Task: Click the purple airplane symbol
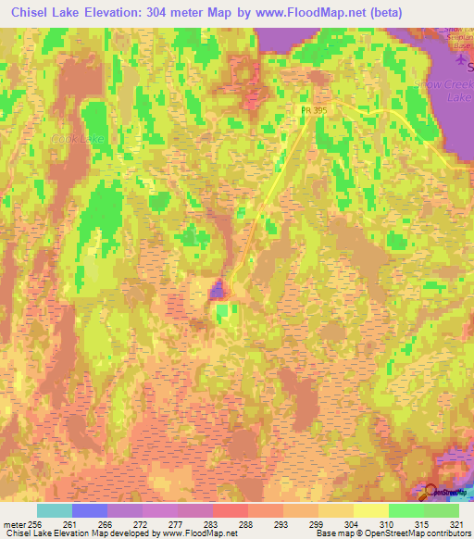pyautogui.click(x=462, y=59)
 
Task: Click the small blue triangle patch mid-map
pyautogui.click(x=217, y=291)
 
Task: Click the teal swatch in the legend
pyautogui.click(x=54, y=510)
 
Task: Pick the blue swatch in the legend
pyautogui.click(x=89, y=510)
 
